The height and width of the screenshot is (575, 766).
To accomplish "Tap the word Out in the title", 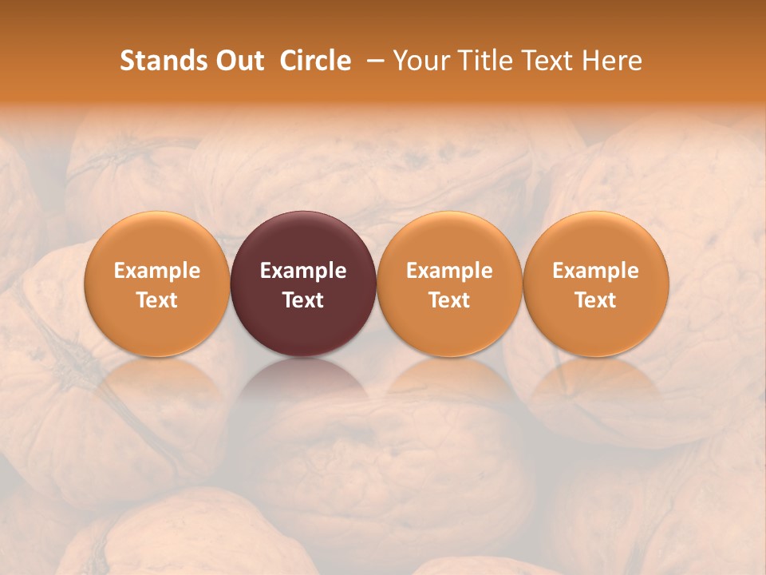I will click(237, 61).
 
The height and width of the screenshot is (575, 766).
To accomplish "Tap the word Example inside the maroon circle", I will click(303, 271).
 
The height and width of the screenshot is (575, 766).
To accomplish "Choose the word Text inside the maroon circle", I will click(303, 300).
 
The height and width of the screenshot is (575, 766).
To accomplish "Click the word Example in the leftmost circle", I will click(157, 271).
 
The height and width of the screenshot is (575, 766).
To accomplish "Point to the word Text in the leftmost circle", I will click(157, 300).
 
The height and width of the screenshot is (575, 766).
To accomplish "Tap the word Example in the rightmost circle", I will click(596, 271).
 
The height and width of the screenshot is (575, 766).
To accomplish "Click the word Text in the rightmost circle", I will click(596, 300).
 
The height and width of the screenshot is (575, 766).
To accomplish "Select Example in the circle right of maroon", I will click(449, 271).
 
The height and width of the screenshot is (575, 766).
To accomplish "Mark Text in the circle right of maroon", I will click(449, 300).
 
